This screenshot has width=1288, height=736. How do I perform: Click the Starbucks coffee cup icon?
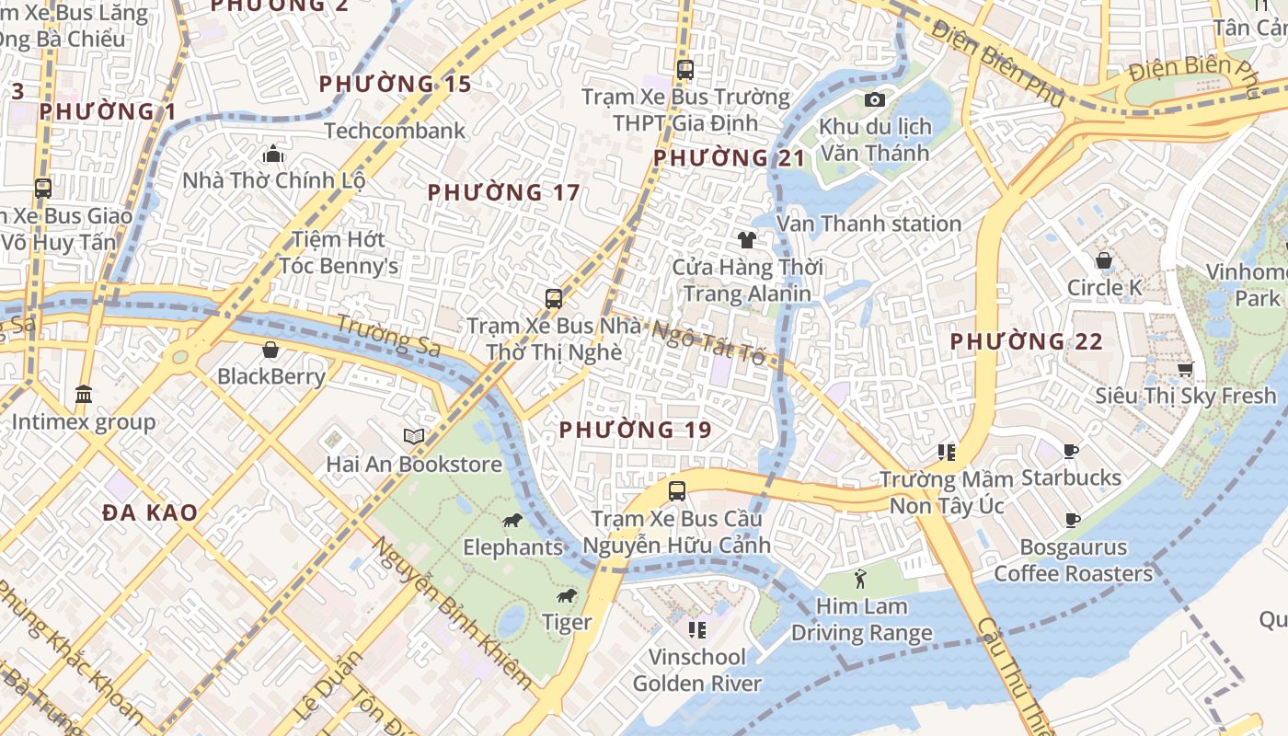(1071, 451)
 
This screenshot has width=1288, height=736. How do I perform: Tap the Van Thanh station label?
(868, 224)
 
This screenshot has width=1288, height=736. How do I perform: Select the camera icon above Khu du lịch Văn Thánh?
(874, 99)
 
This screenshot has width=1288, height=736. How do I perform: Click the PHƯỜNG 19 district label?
(635, 430)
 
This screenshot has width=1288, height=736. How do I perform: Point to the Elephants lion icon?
(512, 521)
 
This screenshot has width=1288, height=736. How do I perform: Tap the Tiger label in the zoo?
(567, 623)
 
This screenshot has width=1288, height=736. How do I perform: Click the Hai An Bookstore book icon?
(414, 436)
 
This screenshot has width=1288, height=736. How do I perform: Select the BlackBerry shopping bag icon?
(270, 350)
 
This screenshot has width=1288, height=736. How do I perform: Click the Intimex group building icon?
(84, 394)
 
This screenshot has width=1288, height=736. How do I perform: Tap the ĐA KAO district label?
(150, 512)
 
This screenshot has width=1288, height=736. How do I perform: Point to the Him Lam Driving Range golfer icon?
(860, 579)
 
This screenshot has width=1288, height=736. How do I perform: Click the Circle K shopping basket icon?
(1103, 261)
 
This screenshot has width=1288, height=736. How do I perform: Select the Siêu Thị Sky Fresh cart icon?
(1185, 369)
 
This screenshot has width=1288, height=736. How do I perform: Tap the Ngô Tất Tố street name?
(708, 342)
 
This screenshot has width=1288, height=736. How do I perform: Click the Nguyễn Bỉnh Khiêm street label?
(452, 613)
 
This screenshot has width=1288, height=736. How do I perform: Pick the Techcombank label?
(395, 131)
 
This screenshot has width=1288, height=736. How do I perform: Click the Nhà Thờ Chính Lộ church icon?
(273, 153)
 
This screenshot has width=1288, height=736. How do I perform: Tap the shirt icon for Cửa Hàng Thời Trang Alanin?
(746, 240)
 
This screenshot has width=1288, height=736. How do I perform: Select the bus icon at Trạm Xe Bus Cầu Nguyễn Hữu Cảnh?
(677, 490)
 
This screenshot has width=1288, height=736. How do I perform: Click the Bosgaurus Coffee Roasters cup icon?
(1072, 520)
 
